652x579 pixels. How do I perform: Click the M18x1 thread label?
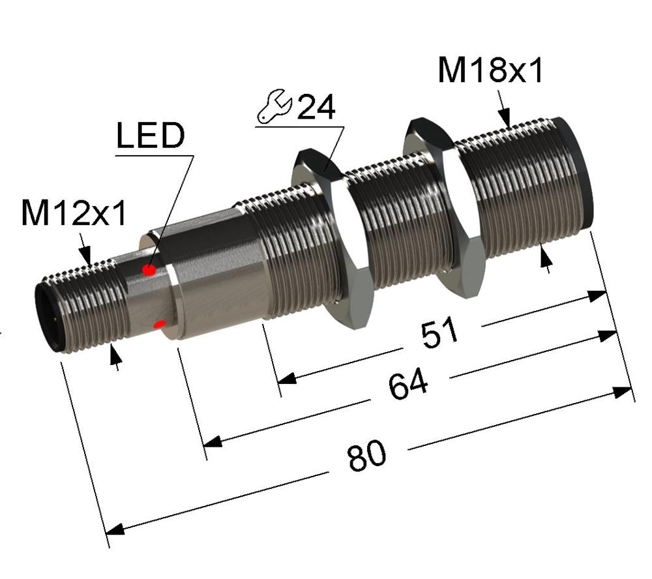point(490,70)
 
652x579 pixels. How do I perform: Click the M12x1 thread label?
point(74,213)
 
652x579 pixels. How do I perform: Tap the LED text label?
point(151,136)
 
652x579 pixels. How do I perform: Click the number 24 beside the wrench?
point(316,107)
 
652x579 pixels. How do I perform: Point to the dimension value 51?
point(439,332)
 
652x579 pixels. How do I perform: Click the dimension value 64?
point(408,383)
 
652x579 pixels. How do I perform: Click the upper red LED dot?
point(149,271)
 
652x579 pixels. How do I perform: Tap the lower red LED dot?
point(160,324)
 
